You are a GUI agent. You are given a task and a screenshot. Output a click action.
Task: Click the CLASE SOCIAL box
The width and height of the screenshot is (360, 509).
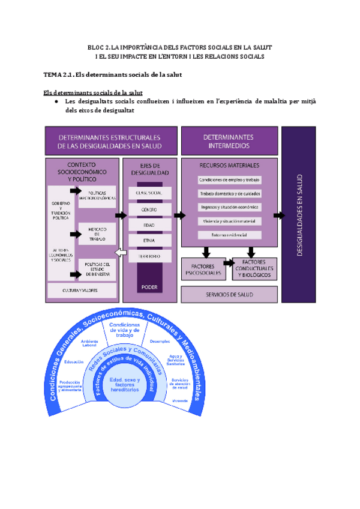(150, 193)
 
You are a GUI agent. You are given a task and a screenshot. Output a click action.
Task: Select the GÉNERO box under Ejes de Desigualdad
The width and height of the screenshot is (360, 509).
(150, 209)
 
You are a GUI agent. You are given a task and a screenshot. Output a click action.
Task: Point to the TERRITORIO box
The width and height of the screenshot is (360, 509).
(150, 256)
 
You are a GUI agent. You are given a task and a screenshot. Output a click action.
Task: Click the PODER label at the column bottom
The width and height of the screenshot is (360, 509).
(149, 288)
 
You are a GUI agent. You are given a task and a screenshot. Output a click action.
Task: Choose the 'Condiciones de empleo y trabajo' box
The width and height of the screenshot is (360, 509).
(230, 179)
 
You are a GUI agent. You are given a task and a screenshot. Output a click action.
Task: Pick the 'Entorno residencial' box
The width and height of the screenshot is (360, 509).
(230, 235)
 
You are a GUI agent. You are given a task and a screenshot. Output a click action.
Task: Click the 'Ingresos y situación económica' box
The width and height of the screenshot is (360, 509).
(230, 207)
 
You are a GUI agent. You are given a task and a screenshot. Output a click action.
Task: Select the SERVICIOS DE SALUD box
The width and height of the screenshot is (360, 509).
(229, 295)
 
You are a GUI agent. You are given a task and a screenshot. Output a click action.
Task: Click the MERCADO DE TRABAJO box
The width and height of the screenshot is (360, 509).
(97, 232)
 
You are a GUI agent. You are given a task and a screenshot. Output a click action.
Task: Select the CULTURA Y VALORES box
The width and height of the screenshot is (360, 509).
(81, 290)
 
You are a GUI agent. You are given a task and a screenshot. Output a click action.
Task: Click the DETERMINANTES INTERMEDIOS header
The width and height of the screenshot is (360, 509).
(229, 141)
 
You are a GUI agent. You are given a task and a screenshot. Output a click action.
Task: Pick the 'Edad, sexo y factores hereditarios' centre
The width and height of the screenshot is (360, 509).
(125, 385)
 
